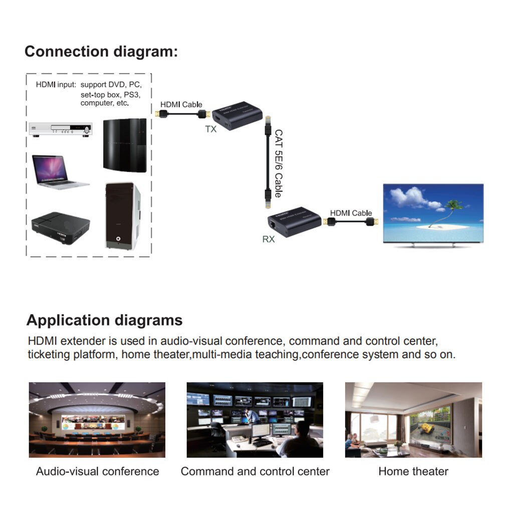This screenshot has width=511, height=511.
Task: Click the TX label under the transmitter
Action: pyautogui.click(x=211, y=129)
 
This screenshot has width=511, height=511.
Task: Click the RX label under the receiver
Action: pyautogui.click(x=269, y=239)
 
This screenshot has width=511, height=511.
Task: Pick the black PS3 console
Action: pyautogui.click(x=125, y=145)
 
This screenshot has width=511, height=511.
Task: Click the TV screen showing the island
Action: pyautogui.click(x=433, y=213)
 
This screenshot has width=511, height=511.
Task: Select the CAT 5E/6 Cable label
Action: pyautogui.click(x=278, y=163)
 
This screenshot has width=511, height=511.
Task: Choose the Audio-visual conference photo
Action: pyautogui.click(x=97, y=419)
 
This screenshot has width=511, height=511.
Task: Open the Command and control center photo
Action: pyautogui.click(x=255, y=419)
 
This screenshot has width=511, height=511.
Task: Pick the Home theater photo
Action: pyautogui.click(x=413, y=419)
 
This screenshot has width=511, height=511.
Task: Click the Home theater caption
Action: pyautogui.click(x=413, y=471)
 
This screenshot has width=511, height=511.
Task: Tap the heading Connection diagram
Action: pyautogui.click(x=101, y=52)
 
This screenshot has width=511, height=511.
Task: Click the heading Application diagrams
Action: pyautogui.click(x=105, y=320)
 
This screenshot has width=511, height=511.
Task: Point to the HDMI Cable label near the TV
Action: pyautogui.click(x=351, y=213)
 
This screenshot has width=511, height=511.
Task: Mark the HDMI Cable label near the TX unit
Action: pyautogui.click(x=181, y=105)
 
